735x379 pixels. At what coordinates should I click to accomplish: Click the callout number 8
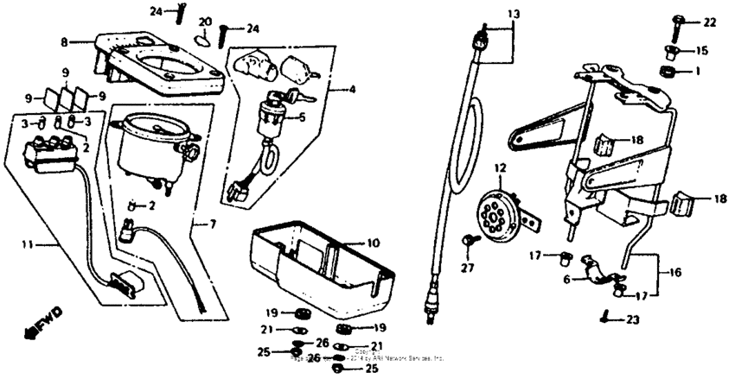click(x=63, y=40)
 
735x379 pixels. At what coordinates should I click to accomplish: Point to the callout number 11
click(x=27, y=245)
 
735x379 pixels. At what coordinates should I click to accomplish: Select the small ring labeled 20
click(x=202, y=38)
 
